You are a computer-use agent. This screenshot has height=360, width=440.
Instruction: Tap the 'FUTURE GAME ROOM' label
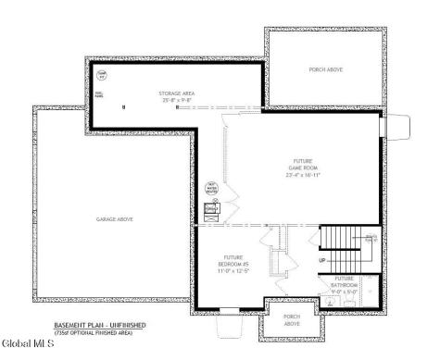click(x=302, y=165)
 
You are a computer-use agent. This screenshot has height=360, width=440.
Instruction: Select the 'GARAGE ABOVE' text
click(x=113, y=219)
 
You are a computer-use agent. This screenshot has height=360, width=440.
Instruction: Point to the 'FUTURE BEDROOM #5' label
click(x=233, y=261)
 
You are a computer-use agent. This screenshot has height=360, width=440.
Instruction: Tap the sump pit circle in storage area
click(x=102, y=75)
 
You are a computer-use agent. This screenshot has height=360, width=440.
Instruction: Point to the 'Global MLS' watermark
click(x=28, y=343)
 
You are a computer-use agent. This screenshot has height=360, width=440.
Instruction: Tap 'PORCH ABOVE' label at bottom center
click(x=292, y=320)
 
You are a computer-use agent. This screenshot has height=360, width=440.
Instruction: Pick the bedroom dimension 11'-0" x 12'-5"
click(x=233, y=271)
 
